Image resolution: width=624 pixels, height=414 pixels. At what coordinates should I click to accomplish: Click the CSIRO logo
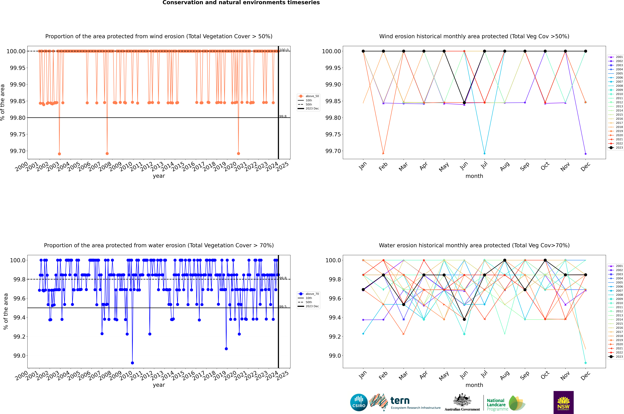pos(359,402)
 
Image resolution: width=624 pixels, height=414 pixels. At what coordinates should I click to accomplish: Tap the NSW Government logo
pos(563,402)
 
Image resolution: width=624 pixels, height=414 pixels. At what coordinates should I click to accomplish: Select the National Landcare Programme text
pos(496,404)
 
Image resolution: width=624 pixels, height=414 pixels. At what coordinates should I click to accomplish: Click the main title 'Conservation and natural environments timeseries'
pos(241,3)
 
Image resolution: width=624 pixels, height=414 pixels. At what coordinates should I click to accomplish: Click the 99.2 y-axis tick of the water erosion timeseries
pos(20,337)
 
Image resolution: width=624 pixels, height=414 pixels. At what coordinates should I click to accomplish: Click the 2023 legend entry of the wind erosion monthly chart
pos(619,148)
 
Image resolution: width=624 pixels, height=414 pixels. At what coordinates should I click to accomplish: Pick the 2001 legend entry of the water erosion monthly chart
pos(619,266)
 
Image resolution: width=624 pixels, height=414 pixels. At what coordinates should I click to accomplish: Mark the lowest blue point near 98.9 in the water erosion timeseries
pos(133,363)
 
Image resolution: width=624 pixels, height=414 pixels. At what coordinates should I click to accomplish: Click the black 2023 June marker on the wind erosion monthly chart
pos(464,103)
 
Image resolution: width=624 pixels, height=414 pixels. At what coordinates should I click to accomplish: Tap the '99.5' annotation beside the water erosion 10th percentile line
pos(283,307)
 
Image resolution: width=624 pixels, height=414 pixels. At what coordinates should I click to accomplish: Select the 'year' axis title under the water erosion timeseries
pos(159,385)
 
